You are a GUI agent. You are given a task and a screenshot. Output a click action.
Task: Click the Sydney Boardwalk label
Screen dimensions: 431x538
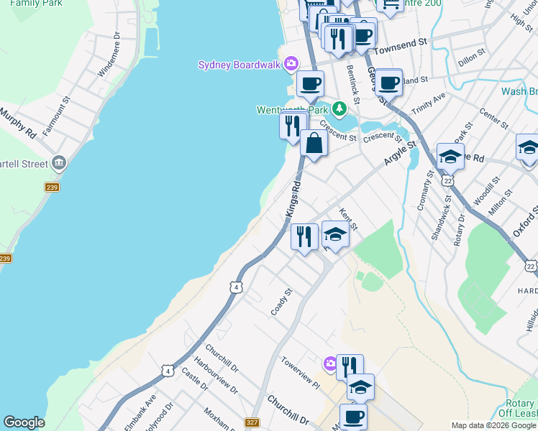(x=240, y=65)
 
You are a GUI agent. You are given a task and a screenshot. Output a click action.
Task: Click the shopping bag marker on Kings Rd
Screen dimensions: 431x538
(x=314, y=143)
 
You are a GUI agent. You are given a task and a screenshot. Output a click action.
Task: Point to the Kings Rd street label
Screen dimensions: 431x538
(x=292, y=198)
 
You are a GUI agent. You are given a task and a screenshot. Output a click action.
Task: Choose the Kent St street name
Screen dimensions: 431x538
(x=347, y=218)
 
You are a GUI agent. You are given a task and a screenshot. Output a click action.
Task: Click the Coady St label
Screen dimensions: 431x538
(x=283, y=302)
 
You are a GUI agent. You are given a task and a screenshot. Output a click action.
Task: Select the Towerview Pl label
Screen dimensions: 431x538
(x=300, y=372)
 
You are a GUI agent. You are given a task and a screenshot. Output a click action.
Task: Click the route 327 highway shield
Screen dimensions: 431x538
(x=252, y=423)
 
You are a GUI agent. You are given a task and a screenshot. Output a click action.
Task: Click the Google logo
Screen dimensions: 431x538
(x=24, y=422)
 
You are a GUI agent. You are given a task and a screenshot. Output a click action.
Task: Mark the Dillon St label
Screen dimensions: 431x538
(x=472, y=55)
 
